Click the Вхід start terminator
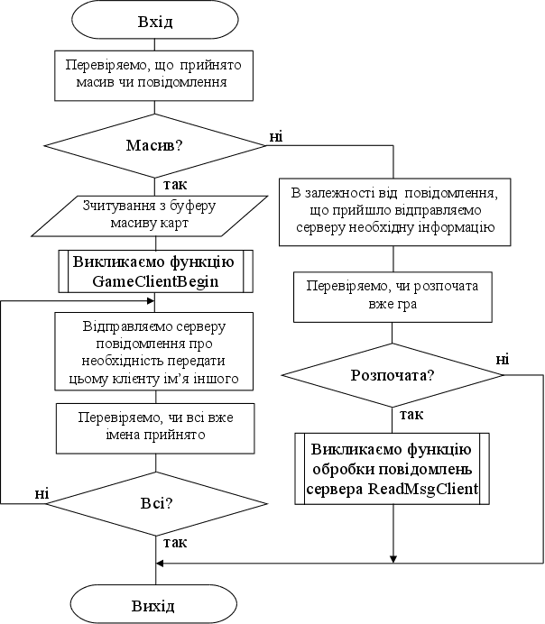pyautogui.click(x=156, y=22)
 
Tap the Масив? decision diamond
pyautogui.click(x=156, y=144)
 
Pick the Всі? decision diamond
pyautogui.click(x=156, y=502)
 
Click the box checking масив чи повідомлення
pyautogui.click(x=156, y=74)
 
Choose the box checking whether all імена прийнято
pyautogui.click(x=156, y=427)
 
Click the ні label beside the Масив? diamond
pyautogui.click(x=275, y=136)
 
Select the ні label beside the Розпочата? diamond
pyautogui.click(x=502, y=360)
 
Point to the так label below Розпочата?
pyautogui.click(x=411, y=415)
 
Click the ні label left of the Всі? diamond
pyautogui.click(x=42, y=492)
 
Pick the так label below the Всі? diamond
pyautogui.click(x=175, y=543)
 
